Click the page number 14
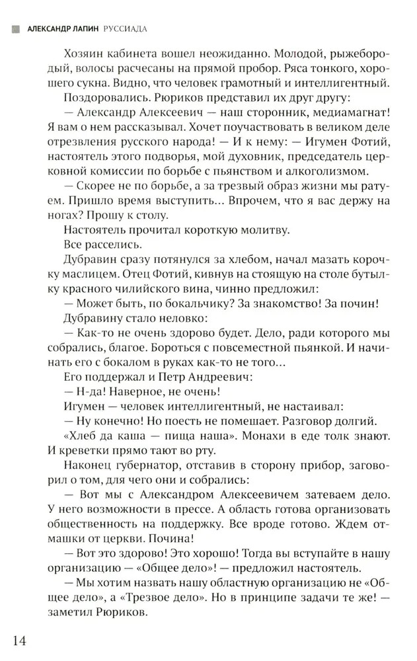20,641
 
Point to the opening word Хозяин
83,53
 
